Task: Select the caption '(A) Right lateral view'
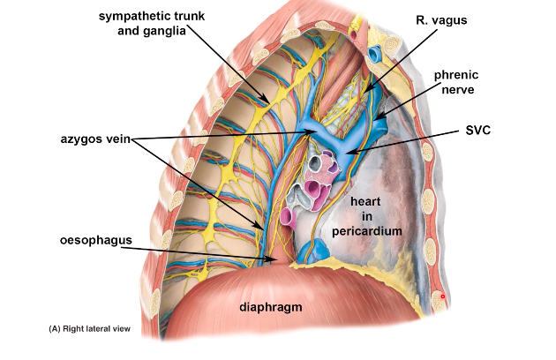pyautogui.click(x=89, y=328)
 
